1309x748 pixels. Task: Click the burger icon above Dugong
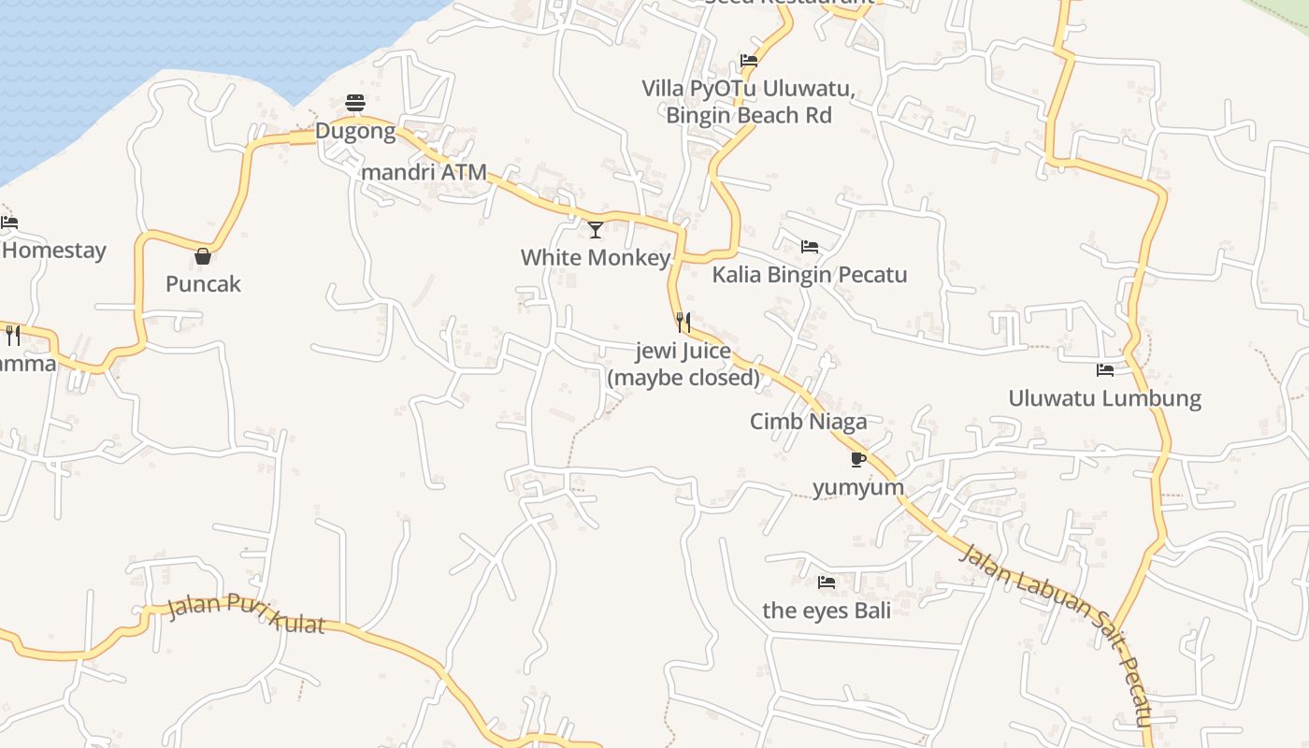[x=355, y=102]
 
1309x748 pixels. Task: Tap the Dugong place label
[x=355, y=131]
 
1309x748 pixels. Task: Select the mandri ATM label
[x=424, y=172]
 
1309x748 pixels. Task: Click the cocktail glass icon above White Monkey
[x=596, y=229]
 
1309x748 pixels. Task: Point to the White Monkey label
[x=596, y=257]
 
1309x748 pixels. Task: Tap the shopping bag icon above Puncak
[x=203, y=256]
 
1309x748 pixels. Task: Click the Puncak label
[x=203, y=284]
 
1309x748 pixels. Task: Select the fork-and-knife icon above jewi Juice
[x=683, y=323]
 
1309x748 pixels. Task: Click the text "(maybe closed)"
[x=683, y=378]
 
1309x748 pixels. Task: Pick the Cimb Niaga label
[x=808, y=422]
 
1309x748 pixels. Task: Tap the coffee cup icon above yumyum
[x=858, y=459]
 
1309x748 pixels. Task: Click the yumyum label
[x=858, y=487]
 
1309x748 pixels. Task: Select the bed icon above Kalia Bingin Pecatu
[x=810, y=247]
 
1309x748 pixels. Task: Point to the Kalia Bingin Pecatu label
[x=810, y=275]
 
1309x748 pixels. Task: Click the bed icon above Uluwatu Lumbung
[x=1105, y=370]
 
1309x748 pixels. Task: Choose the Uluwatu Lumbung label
[x=1104, y=398]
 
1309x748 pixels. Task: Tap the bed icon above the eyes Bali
[x=827, y=583]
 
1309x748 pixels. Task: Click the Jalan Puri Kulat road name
[x=246, y=613]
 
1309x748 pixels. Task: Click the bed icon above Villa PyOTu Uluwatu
[x=749, y=61]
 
